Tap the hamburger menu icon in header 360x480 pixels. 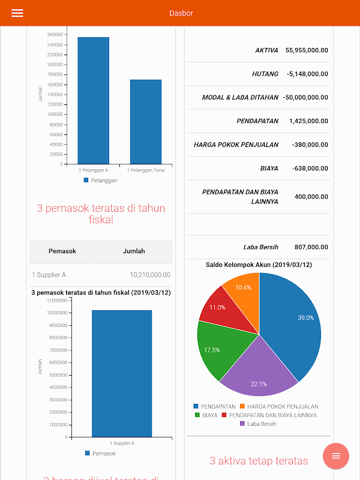pos(17,13)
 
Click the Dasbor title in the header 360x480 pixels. pos(181,13)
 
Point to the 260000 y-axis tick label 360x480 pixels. pos(55,34)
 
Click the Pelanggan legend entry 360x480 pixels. pos(101,180)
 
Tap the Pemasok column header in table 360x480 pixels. pos(62,251)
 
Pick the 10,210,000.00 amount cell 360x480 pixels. pos(150,275)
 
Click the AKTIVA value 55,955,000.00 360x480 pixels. pos(307,50)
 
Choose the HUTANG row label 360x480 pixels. pos(265,74)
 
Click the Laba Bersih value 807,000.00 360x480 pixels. pos(311,247)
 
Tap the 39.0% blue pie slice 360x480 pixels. pos(294,324)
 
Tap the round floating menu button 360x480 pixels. pos(336,456)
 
